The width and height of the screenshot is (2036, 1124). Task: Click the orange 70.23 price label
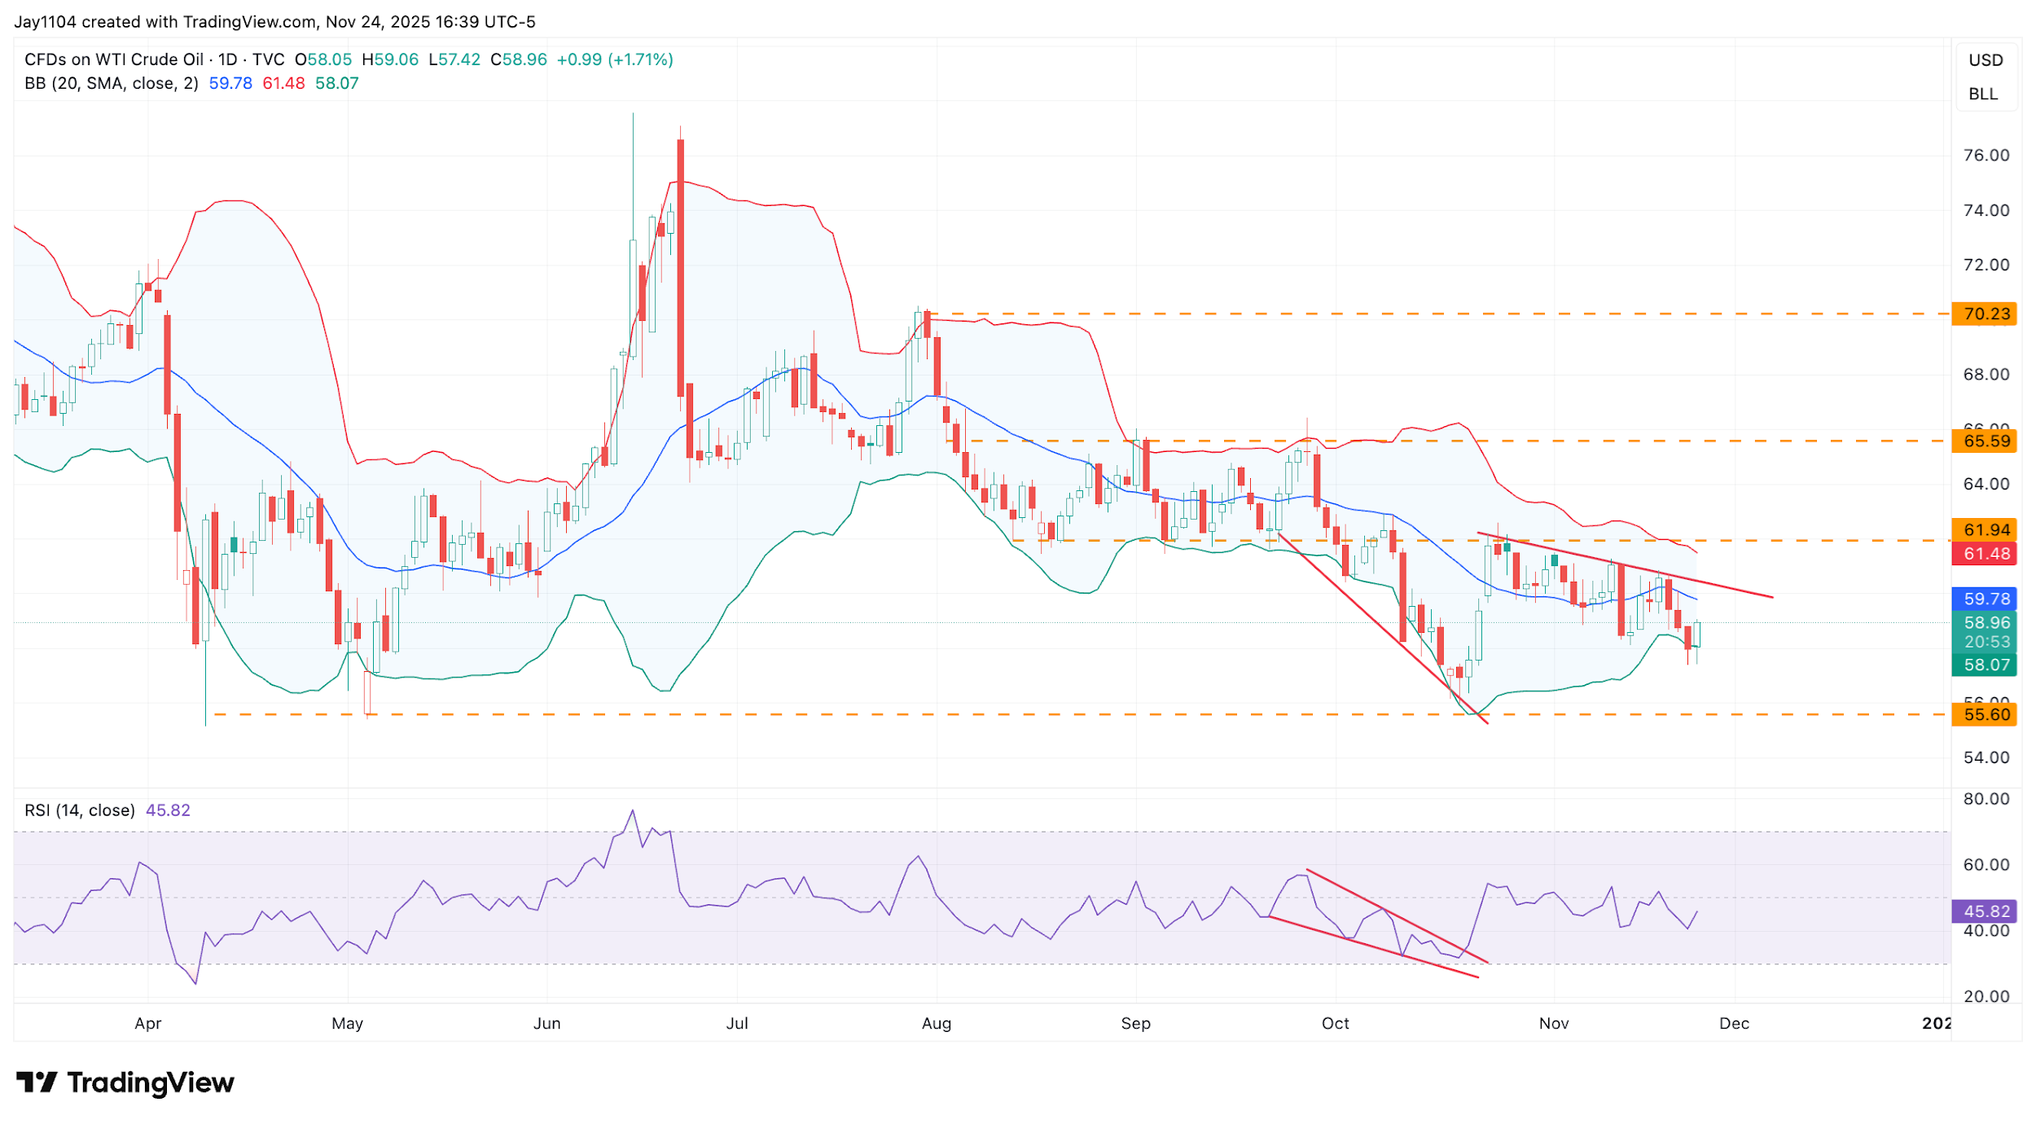tap(1986, 314)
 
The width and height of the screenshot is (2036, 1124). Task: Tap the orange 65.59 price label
tap(1986, 441)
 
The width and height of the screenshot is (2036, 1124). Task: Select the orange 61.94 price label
tap(1986, 529)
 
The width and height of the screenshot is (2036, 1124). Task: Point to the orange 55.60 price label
tap(1986, 714)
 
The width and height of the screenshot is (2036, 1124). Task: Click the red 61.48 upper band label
tap(1986, 554)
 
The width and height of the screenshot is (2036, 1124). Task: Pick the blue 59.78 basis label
tap(1986, 599)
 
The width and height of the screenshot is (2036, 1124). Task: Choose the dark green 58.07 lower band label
tap(1986, 665)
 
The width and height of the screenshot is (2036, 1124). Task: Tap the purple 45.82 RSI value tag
tap(1986, 911)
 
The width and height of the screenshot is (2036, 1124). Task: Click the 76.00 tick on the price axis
tap(1986, 155)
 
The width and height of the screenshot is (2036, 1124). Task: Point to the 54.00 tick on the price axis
tap(1986, 757)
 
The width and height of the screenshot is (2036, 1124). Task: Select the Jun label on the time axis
tap(546, 1023)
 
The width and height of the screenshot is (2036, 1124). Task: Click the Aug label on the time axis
tap(936, 1023)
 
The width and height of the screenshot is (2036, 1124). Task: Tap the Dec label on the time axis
tap(1734, 1023)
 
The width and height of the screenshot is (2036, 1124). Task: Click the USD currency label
tap(1986, 60)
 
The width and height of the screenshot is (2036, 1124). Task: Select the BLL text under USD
tap(1983, 94)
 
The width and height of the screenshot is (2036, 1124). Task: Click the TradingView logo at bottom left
tap(125, 1082)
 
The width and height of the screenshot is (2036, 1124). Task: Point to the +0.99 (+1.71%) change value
tap(615, 59)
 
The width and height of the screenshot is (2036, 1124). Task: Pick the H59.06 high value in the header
tap(390, 59)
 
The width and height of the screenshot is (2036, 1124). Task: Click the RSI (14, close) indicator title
tap(80, 810)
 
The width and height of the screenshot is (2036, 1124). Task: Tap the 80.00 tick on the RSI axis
tap(1986, 798)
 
